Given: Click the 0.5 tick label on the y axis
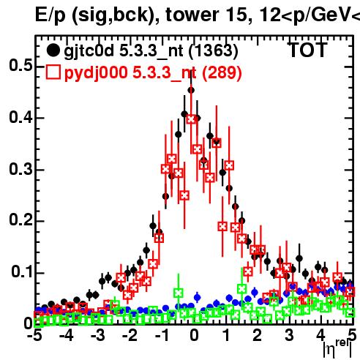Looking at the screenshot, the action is tap(20, 65).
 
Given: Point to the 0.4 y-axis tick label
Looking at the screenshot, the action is tap(20, 117).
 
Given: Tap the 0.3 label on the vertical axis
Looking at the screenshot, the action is tap(20, 169).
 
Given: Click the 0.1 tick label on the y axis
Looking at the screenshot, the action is tap(21, 271).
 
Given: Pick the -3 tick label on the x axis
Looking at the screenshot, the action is tap(98, 335).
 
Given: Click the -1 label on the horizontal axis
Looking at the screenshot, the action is tap(162, 335).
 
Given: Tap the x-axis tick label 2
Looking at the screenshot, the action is tap(257, 335).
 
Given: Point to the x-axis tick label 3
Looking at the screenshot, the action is tap(289, 335).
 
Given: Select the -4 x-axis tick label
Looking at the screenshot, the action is tap(66, 335).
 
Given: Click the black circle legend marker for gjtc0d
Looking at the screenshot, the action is tap(53, 50).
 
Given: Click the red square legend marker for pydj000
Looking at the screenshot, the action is tap(53, 72).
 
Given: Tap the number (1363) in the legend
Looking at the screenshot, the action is tap(214, 50).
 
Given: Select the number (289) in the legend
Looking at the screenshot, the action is tap(222, 72).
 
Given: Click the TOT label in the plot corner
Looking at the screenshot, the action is tap(308, 50).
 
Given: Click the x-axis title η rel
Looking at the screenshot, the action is tap(337, 348).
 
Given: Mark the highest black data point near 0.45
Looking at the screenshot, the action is tap(191, 90).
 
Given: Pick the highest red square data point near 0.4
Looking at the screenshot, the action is tap(191, 119).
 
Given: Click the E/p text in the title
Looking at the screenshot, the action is tap(50, 15).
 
